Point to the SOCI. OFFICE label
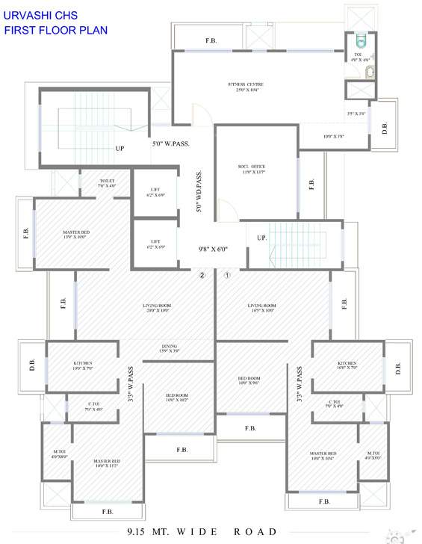[x=254, y=169]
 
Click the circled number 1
[x=228, y=275]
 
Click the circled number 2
[x=201, y=275]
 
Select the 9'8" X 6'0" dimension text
[x=212, y=250]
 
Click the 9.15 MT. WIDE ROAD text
[x=202, y=532]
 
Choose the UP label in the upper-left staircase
[x=120, y=148]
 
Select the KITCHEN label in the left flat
[x=82, y=365]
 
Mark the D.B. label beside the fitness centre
[x=384, y=127]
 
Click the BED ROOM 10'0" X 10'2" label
[x=177, y=398]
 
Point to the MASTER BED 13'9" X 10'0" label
[x=76, y=236]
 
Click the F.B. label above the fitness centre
[x=211, y=40]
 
